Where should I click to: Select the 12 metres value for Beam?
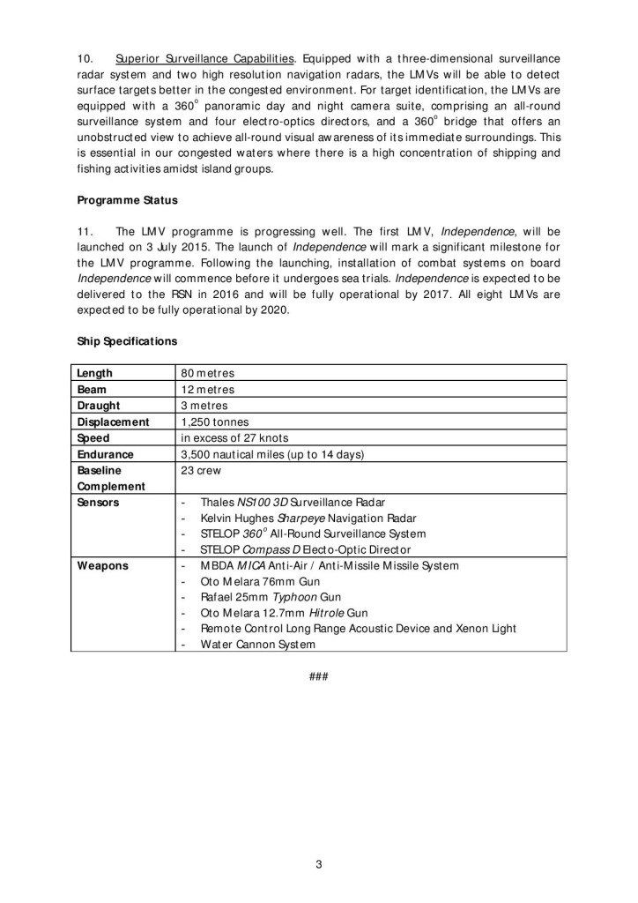point(208,389)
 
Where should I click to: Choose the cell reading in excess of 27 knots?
point(234,438)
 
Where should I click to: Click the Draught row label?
point(99,406)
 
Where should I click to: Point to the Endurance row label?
point(105,454)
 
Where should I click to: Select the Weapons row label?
point(102,565)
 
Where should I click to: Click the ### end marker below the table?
point(319,676)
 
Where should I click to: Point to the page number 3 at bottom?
point(319,863)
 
